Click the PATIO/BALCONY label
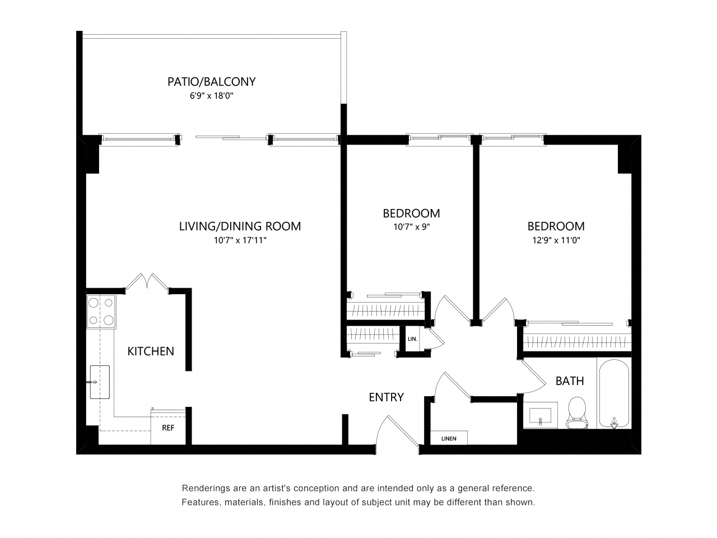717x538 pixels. tap(211, 82)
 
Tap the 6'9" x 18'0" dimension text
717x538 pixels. tap(211, 96)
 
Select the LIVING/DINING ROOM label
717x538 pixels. tap(240, 226)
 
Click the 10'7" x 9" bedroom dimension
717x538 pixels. tap(411, 227)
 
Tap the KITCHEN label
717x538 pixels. tap(151, 351)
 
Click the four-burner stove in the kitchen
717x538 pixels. tap(101, 312)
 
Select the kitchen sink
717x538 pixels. tap(100, 382)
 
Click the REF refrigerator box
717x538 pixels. tap(167, 427)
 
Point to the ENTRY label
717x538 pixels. tap(386, 397)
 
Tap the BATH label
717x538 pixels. tap(570, 381)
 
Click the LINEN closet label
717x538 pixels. tap(449, 438)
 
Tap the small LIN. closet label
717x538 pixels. tap(413, 339)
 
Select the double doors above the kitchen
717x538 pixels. tap(147, 282)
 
